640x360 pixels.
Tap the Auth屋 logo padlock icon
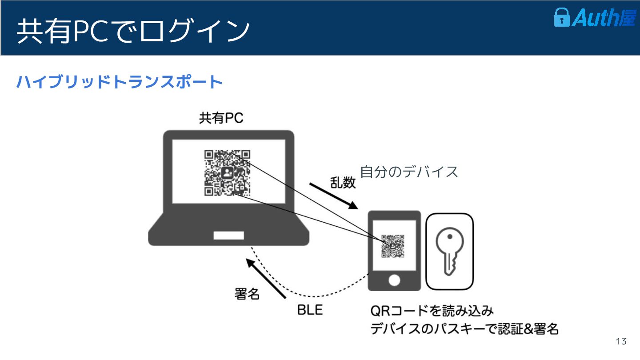click(561, 17)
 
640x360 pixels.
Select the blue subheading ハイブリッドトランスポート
click(119, 82)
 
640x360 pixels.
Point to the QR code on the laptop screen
click(227, 173)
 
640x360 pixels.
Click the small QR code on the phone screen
click(393, 246)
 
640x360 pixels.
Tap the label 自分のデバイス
click(409, 172)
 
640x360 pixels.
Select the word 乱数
click(343, 182)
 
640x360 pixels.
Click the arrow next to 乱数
click(333, 195)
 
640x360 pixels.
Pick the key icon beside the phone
click(449, 252)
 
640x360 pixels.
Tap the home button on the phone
click(394, 280)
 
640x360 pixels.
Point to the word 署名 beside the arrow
click(247, 294)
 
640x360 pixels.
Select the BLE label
click(310, 310)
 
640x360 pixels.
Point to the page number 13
click(621, 341)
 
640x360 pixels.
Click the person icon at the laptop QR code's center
click(227, 173)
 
